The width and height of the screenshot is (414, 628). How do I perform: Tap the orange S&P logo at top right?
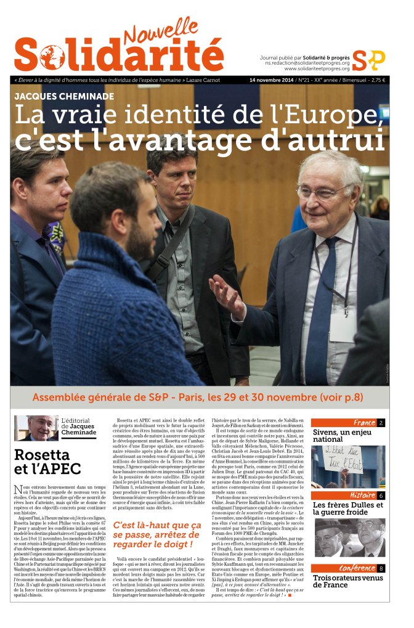pyautogui.click(x=368, y=60)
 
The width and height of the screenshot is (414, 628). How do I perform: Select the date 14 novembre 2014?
pyautogui.click(x=270, y=80)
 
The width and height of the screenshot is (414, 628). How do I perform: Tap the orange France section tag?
pyautogui.click(x=364, y=423)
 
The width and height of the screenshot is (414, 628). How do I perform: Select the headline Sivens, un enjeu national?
pyautogui.click(x=342, y=436)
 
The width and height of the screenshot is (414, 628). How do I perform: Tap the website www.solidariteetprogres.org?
pyautogui.click(x=317, y=68)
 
